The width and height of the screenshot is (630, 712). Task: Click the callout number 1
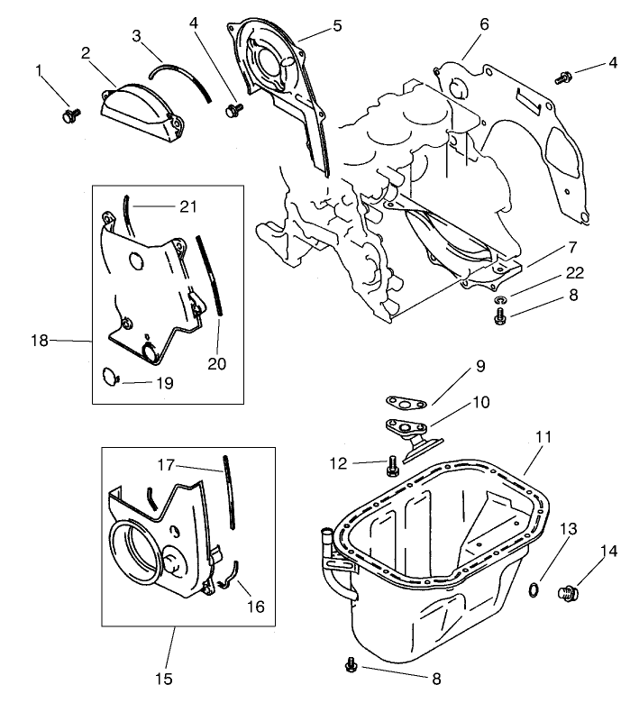(x=39, y=69)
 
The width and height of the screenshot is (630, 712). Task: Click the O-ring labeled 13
(x=533, y=589)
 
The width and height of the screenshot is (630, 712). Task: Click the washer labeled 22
(x=500, y=298)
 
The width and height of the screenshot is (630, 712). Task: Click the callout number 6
(x=484, y=24)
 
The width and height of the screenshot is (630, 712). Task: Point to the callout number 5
(x=337, y=26)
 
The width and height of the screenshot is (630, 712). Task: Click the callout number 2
(x=86, y=53)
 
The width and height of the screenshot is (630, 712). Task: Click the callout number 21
(x=187, y=206)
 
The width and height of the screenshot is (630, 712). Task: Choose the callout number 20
(x=216, y=364)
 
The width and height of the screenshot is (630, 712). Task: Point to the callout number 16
(x=256, y=607)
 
